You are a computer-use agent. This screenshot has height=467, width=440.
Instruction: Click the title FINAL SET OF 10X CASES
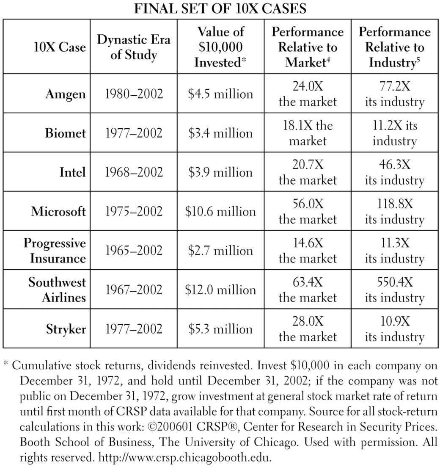click(220, 8)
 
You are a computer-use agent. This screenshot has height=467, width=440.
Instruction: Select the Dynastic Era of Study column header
click(133, 47)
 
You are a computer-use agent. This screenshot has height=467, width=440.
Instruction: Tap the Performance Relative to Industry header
click(394, 47)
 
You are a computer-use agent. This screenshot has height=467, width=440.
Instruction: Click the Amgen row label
click(66, 94)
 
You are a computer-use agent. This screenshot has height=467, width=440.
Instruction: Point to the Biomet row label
click(66, 133)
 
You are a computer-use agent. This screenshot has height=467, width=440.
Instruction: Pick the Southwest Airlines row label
click(57, 290)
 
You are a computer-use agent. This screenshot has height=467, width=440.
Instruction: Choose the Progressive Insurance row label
click(55, 251)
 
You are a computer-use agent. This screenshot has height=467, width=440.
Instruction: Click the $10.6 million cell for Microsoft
click(220, 211)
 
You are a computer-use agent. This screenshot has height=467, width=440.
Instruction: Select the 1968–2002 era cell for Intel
click(134, 172)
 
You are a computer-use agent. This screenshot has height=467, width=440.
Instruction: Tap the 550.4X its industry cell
click(395, 290)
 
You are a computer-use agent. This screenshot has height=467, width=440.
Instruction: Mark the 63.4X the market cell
click(308, 290)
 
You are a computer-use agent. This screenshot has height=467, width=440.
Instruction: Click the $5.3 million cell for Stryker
click(220, 329)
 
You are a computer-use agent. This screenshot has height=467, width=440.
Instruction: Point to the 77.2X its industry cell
click(395, 94)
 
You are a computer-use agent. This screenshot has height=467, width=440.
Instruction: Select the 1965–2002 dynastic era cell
click(134, 251)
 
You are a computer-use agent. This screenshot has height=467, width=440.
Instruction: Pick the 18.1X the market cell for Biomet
click(308, 133)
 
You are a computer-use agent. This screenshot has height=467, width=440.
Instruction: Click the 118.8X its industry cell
click(395, 211)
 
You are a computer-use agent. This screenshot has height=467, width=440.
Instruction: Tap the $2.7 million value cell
click(220, 251)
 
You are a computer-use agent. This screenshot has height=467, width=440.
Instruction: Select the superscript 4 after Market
click(328, 59)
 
